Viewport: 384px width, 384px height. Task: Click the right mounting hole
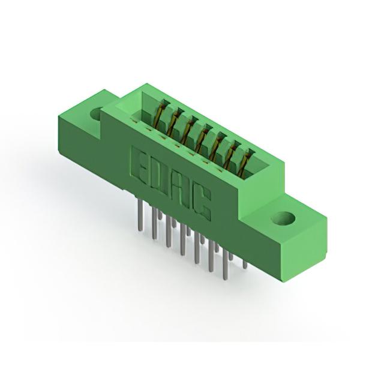pyautogui.click(x=284, y=218)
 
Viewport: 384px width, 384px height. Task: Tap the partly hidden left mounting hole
pyautogui.click(x=96, y=113)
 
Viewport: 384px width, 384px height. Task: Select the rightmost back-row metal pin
pyautogui.click(x=245, y=264)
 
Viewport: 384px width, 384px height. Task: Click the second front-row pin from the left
pyautogui.click(x=154, y=223)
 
